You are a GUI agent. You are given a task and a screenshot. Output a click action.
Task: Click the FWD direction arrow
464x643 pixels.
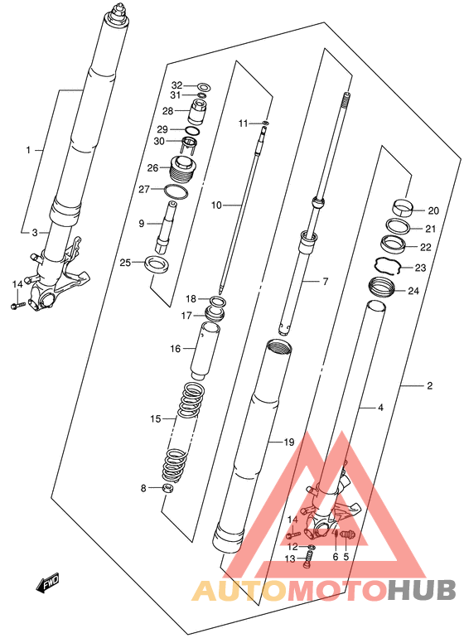click(x=48, y=583)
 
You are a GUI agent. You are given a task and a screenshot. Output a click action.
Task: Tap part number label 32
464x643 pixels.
click(x=176, y=85)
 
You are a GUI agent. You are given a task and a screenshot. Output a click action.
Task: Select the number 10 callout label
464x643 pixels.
click(x=216, y=205)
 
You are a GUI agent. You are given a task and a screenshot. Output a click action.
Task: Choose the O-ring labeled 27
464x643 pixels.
click(x=176, y=191)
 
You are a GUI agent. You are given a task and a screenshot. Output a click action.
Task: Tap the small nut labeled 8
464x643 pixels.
click(x=167, y=488)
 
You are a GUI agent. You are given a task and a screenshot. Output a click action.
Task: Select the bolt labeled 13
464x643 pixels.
click(x=309, y=560)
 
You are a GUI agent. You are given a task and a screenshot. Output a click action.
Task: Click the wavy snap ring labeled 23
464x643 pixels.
click(x=388, y=266)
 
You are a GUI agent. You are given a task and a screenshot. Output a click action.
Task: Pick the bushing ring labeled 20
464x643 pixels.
click(x=402, y=206)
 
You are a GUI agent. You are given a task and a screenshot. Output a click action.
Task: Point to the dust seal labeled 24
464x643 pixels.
click(x=382, y=287)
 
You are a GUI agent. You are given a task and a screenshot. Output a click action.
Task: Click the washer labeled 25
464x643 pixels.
click(x=156, y=264)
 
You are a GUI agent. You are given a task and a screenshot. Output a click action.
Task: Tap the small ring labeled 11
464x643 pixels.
click(x=266, y=122)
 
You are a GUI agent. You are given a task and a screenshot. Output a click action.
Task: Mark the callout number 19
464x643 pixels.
click(x=289, y=442)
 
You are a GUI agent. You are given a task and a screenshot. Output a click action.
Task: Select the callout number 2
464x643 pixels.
click(x=429, y=386)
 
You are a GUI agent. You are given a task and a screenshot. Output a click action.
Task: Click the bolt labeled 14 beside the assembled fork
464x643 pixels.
click(x=18, y=305)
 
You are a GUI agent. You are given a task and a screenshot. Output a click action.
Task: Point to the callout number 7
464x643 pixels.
click(x=325, y=282)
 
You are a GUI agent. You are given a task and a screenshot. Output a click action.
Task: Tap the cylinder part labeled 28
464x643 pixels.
click(x=199, y=111)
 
